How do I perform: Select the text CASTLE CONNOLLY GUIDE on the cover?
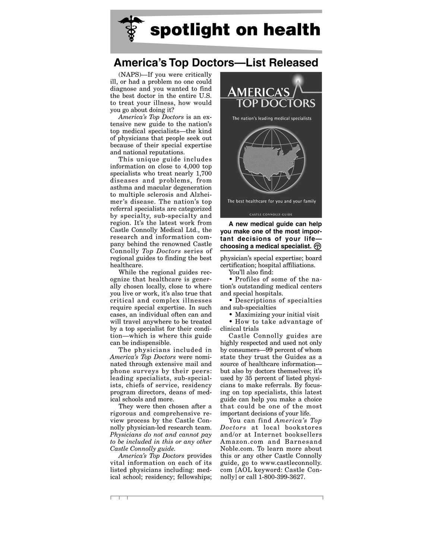271,214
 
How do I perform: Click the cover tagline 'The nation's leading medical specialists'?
271,118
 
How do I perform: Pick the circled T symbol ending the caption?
318,246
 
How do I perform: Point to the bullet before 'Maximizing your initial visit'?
231,315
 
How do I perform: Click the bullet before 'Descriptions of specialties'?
231,301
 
